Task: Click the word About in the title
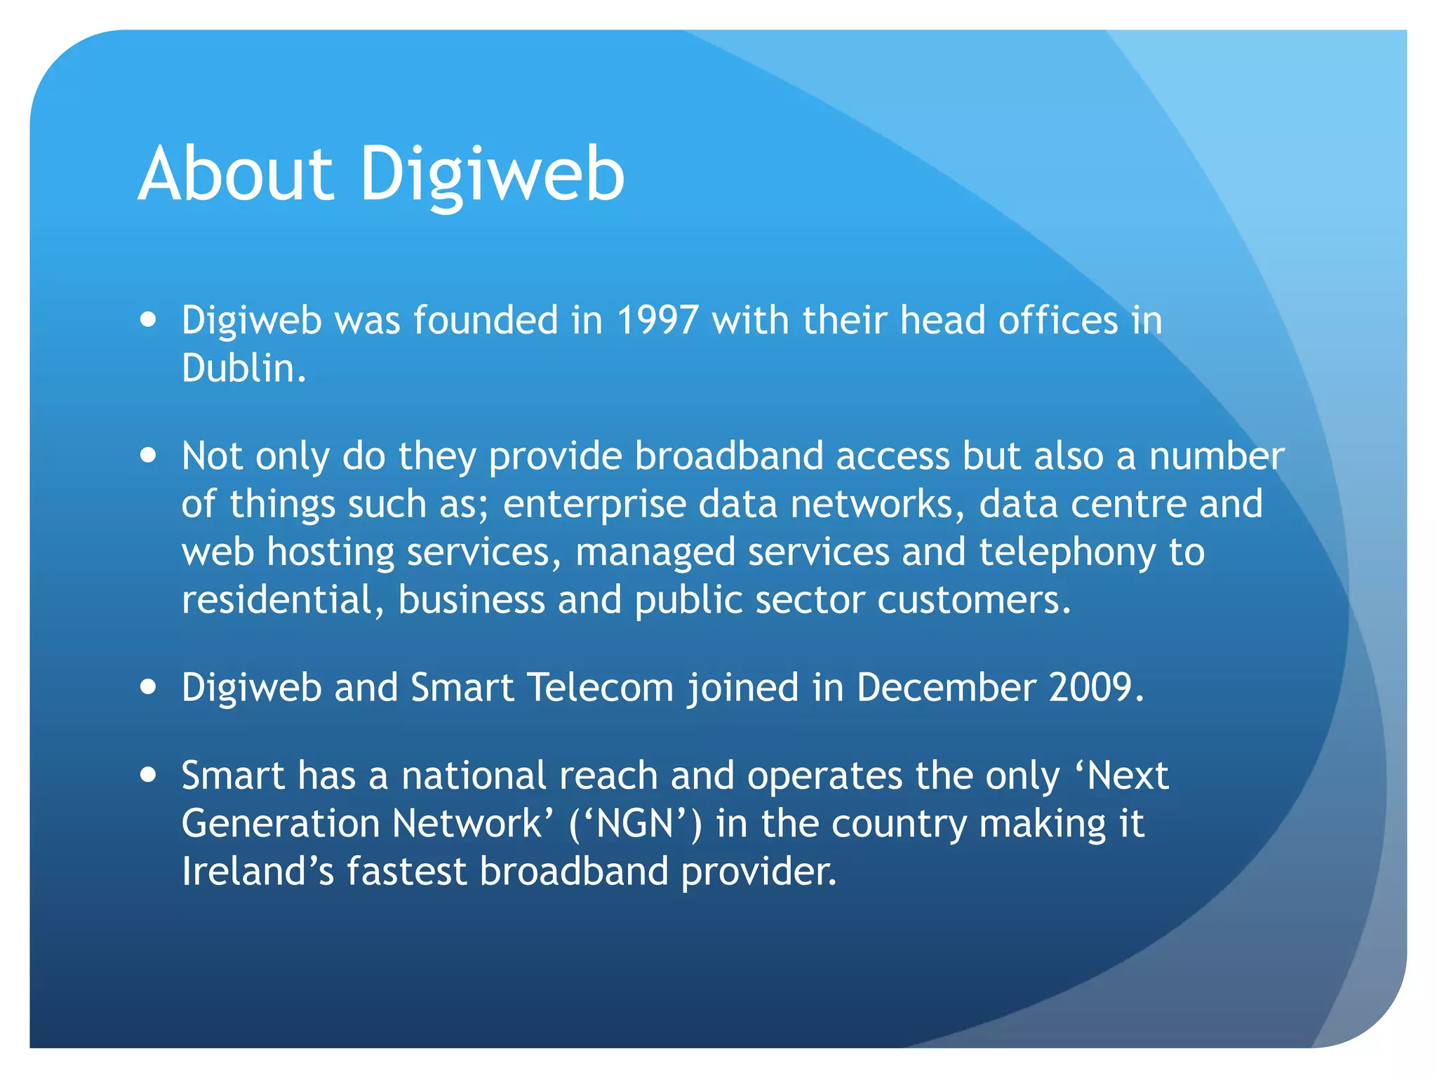(x=236, y=174)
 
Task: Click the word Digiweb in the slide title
(x=491, y=175)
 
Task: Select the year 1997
(x=657, y=320)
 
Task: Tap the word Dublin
(x=243, y=368)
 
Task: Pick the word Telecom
(x=600, y=687)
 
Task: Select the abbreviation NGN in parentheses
(x=635, y=823)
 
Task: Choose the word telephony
(x=1067, y=553)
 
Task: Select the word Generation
(x=281, y=823)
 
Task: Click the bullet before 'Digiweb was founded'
(x=148, y=321)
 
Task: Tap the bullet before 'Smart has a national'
(x=148, y=776)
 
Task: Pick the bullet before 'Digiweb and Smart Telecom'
(x=148, y=687)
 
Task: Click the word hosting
(x=330, y=553)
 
